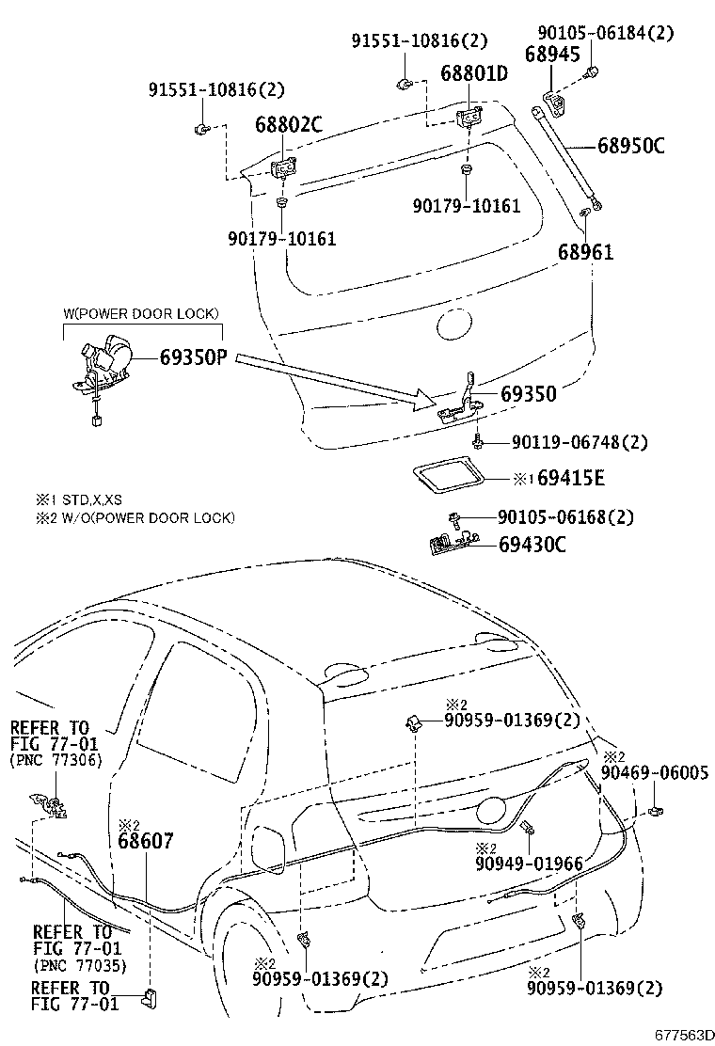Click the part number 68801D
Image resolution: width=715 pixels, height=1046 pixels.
tap(475, 72)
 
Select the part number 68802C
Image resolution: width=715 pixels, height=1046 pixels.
tap(288, 124)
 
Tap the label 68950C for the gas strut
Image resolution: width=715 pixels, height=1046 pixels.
tap(631, 146)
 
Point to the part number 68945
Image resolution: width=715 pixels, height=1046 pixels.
tap(552, 55)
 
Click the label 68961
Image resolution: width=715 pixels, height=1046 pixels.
tap(585, 252)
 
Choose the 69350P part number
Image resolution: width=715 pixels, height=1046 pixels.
tap(194, 357)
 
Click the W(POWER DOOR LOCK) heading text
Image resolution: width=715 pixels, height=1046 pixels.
tap(142, 313)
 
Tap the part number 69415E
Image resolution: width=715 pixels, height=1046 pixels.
tap(571, 479)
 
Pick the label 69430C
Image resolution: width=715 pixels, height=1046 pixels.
tap(532, 544)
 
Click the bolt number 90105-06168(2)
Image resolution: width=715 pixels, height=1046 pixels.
tap(565, 517)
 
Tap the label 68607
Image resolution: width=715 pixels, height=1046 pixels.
tap(146, 841)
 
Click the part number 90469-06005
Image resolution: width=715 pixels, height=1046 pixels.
tap(656, 772)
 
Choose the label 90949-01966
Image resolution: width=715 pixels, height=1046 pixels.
tap(529, 864)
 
